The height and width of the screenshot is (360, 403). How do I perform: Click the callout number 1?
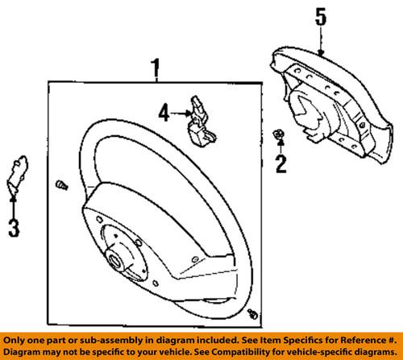pos(156,68)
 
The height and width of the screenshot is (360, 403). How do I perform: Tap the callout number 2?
pos(281,163)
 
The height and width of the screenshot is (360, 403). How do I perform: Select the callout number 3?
pos(14,228)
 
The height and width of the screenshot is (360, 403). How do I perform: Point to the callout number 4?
pos(164,113)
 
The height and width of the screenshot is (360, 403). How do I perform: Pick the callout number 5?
pos(321,17)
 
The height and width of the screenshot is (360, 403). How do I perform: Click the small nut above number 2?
pos(278,134)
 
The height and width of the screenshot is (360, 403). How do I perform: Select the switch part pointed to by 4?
pos(202,122)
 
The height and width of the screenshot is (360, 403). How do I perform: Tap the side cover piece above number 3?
pos(17,174)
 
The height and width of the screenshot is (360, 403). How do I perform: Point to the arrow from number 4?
pos(181,114)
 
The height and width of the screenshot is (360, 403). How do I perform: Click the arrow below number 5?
pos(321,42)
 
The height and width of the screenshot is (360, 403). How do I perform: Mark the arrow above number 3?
pos(13,208)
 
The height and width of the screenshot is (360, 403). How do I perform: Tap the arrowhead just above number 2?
pos(280,143)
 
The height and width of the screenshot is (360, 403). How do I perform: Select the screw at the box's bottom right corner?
pos(252,314)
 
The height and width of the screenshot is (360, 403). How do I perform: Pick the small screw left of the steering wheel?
pos(61,185)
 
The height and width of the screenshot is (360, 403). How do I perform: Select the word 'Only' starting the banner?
pos(13,341)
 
